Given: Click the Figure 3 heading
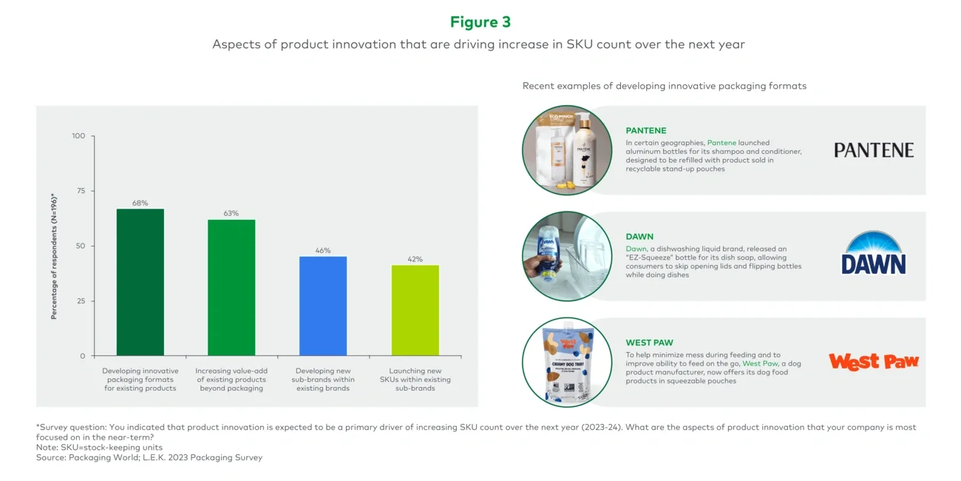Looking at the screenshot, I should (x=480, y=22).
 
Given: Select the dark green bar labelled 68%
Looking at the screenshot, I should (x=140, y=282).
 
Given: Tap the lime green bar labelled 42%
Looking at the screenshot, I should (x=415, y=310).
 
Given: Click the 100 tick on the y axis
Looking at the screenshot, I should (x=78, y=136).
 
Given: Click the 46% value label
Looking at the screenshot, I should (x=323, y=251).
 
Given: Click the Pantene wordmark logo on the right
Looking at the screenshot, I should (x=873, y=150).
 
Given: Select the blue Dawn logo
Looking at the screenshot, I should (x=873, y=255).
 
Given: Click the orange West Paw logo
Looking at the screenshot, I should (x=873, y=361).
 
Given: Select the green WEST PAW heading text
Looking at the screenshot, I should (x=649, y=343).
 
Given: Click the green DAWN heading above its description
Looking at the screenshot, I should (x=639, y=237).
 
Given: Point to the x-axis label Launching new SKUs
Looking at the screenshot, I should (x=415, y=380).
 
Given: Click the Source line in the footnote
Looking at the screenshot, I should (x=149, y=458).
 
